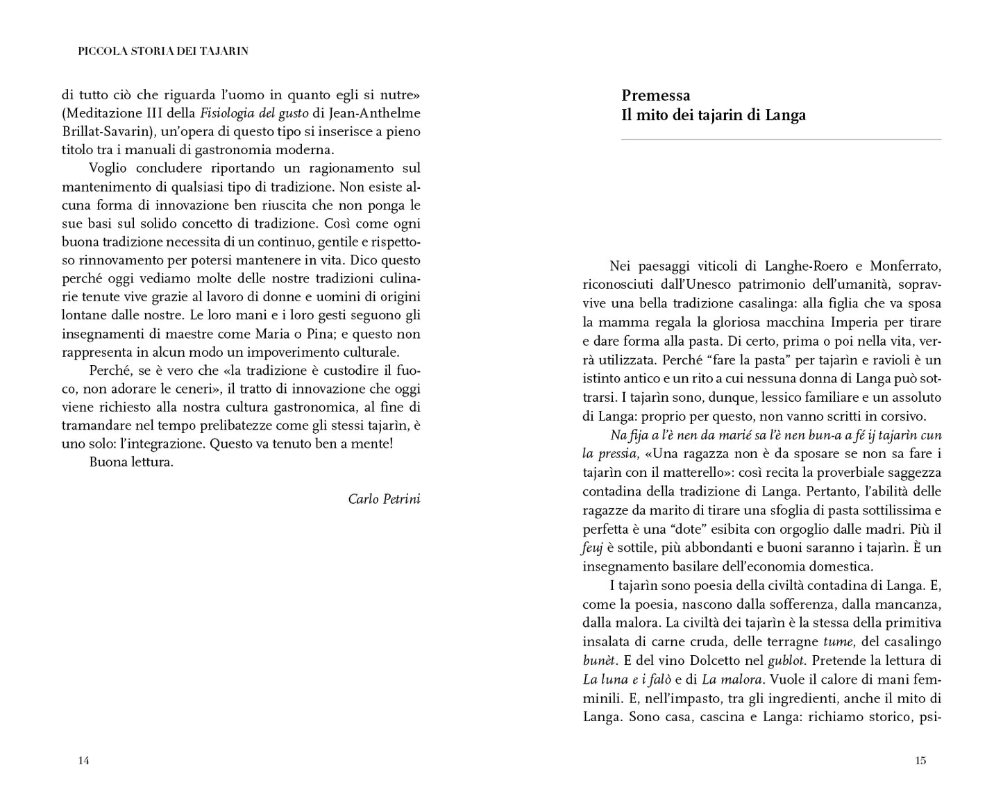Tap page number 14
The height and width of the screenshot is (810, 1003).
coord(83,761)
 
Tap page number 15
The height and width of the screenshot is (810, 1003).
coord(920,761)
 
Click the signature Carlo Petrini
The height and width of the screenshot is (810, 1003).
coord(384,499)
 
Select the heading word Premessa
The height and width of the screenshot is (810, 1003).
coord(655,96)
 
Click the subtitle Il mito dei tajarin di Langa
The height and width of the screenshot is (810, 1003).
coord(714,115)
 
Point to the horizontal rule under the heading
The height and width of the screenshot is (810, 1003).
coord(781,140)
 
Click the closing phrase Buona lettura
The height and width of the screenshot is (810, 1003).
coord(131,462)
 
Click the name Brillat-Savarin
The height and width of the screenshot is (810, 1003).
coord(103,130)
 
